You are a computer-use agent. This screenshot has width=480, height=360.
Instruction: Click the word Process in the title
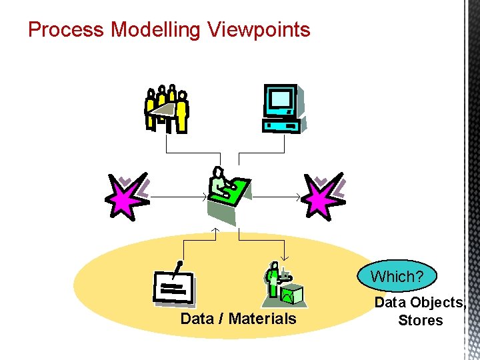coord(66,30)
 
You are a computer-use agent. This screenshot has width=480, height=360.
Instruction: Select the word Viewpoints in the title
coord(259,30)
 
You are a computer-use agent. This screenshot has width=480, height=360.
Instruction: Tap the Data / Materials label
coord(238,319)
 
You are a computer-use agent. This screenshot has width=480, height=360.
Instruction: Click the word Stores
coord(420,320)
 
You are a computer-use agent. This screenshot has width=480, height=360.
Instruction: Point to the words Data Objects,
coord(420,303)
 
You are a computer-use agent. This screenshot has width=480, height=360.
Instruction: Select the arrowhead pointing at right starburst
coord(298,197)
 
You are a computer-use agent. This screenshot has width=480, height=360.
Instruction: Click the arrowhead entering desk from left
coord(205,197)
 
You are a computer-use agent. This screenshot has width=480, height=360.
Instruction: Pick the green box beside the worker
coord(292,293)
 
